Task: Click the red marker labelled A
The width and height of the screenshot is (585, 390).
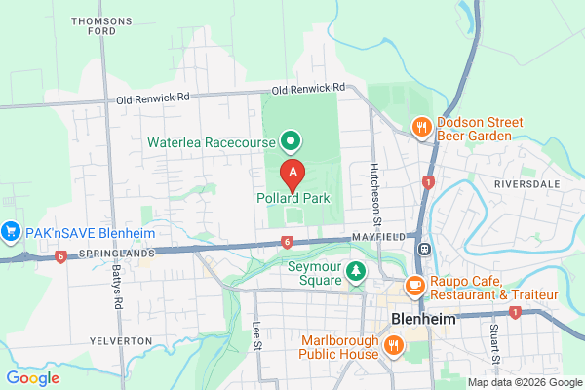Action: coord(292,174)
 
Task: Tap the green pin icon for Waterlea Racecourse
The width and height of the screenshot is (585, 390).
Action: coord(290,142)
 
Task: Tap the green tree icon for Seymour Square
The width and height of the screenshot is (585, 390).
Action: coord(357,270)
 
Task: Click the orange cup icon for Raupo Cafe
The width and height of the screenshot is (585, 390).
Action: coord(414,286)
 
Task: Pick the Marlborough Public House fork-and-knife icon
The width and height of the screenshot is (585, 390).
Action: coord(395,344)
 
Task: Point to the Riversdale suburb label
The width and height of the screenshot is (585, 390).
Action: coord(526,182)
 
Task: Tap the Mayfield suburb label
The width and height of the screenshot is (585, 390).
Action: coord(379,237)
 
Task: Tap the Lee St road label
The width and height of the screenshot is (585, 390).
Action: coord(257,334)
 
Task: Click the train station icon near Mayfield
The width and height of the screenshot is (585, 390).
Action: coord(424,249)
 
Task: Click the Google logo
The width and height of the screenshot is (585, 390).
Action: coord(32,378)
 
